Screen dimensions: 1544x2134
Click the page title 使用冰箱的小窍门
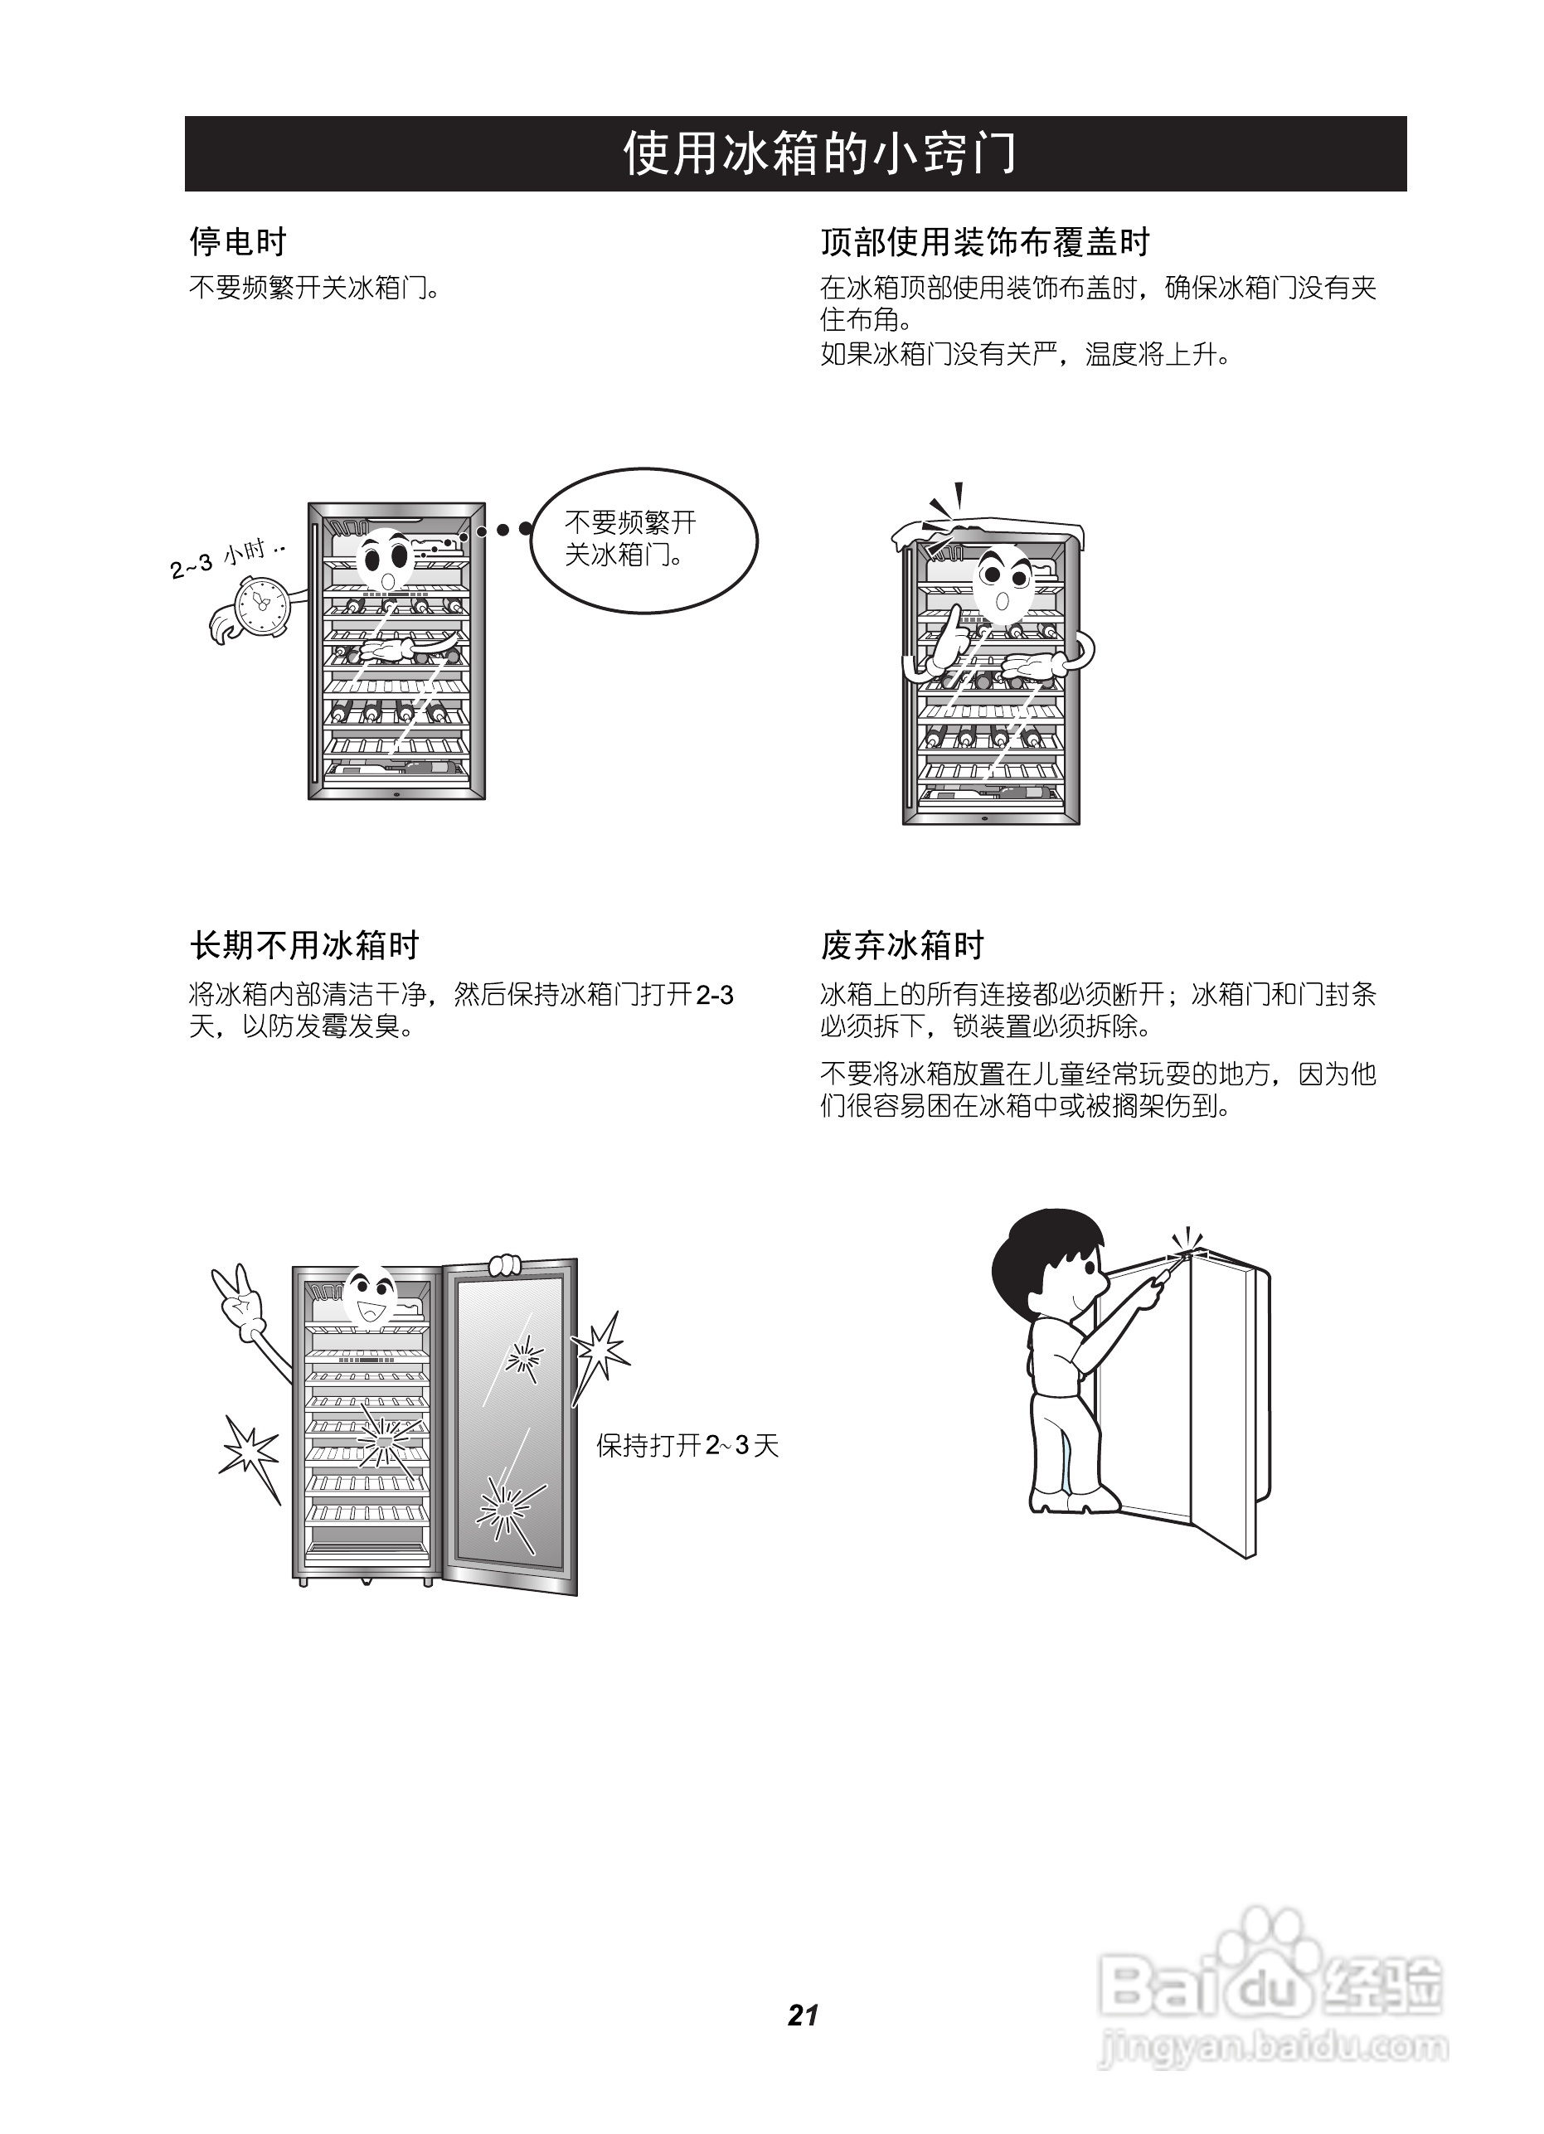coord(818,153)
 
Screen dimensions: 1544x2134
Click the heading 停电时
coord(237,242)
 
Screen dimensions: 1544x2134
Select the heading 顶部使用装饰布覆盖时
coord(984,242)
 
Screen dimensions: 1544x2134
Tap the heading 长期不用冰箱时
coord(303,944)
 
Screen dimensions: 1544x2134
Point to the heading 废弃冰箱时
coord(901,944)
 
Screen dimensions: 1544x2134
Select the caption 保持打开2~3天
coord(687,1445)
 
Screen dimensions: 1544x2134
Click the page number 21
coord(803,2015)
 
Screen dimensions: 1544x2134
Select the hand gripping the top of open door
coord(505,1263)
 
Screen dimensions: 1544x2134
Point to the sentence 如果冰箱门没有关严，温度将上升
coord(1025,355)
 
